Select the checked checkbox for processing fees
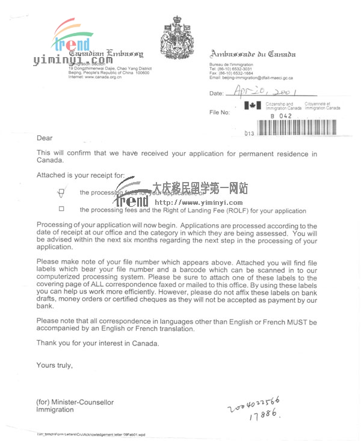click(x=61, y=192)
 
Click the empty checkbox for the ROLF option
click(x=61, y=209)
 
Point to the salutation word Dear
click(x=45, y=138)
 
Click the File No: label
click(x=220, y=112)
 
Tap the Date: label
click(x=216, y=94)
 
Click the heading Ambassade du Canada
click(x=253, y=55)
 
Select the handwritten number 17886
click(x=264, y=414)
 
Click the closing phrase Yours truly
click(x=54, y=365)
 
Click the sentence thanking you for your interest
click(x=98, y=343)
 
